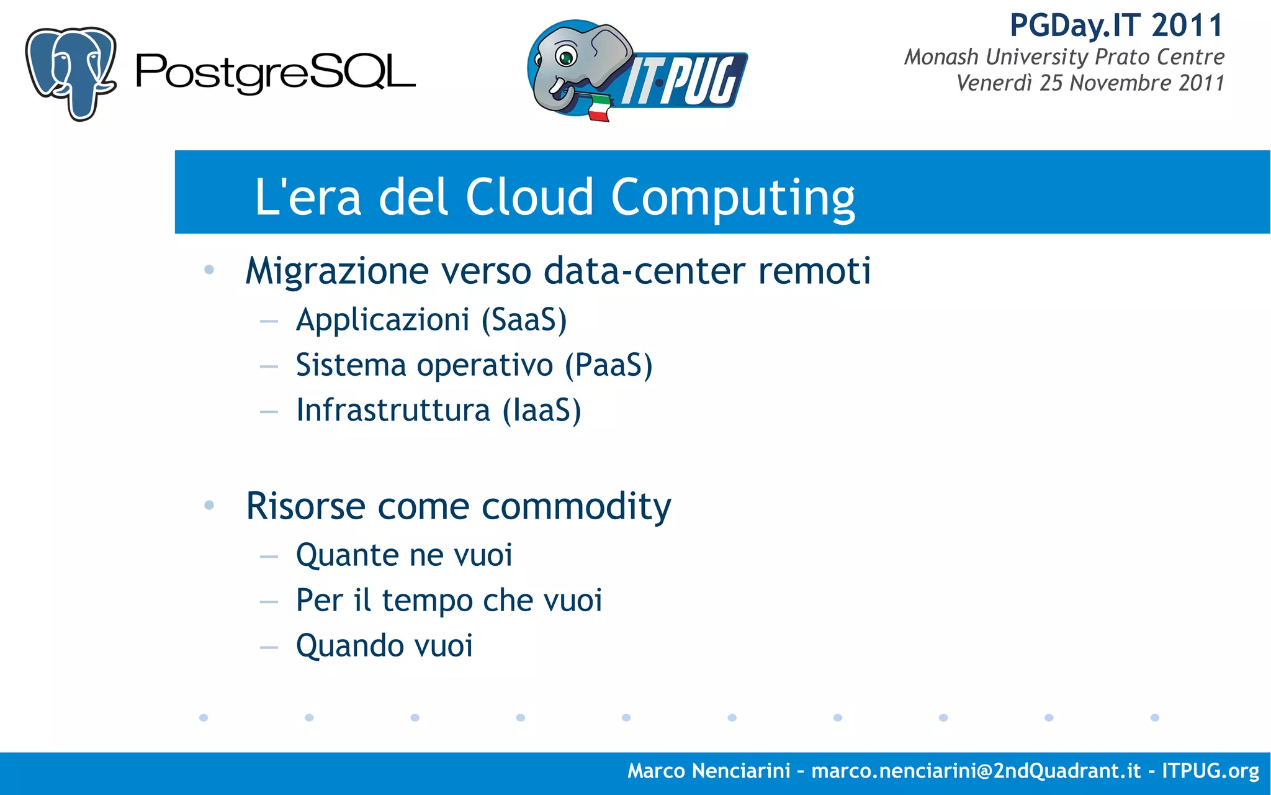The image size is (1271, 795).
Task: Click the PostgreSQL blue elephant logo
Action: (x=70, y=73)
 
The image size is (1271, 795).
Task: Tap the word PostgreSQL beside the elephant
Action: (x=275, y=73)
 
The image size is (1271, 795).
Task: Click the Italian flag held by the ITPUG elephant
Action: (x=599, y=107)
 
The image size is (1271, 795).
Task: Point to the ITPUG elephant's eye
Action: (x=566, y=58)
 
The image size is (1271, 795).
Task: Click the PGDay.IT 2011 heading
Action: (x=1116, y=26)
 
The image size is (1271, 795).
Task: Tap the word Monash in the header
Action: (x=941, y=57)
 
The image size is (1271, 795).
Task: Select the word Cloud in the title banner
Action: (x=529, y=197)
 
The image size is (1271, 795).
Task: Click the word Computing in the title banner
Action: (x=733, y=198)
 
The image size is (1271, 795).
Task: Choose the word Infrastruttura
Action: (x=393, y=411)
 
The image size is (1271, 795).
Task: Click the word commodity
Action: (x=576, y=507)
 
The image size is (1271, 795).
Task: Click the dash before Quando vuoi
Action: (x=269, y=647)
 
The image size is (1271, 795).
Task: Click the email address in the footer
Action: (x=976, y=771)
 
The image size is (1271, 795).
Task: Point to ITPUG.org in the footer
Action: (x=1210, y=771)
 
